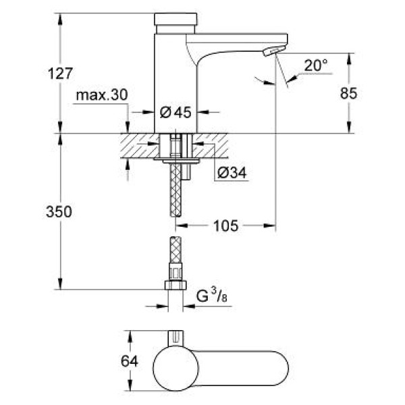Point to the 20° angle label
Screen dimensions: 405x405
click(x=315, y=65)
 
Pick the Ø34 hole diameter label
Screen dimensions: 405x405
click(x=232, y=173)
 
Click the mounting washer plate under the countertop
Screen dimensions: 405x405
click(x=176, y=161)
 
